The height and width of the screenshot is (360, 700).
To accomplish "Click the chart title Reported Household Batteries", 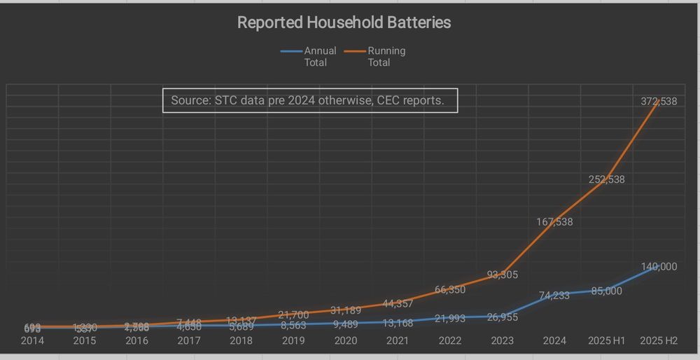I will [x=344, y=22].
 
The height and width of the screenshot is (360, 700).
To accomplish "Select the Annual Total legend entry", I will [x=309, y=56].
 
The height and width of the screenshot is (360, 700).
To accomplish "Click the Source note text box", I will [x=310, y=100].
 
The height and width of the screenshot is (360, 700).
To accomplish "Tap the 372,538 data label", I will [x=659, y=102].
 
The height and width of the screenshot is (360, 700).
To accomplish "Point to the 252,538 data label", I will [x=606, y=179].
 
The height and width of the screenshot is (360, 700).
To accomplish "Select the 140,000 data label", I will [x=659, y=267].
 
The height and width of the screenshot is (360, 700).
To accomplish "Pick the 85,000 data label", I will [x=606, y=291].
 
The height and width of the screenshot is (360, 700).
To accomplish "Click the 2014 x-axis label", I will [x=32, y=341].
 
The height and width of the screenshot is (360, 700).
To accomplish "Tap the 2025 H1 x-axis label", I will [x=606, y=341].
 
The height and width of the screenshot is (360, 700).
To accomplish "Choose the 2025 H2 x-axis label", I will [x=659, y=341].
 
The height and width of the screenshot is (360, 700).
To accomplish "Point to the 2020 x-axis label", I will [x=346, y=341].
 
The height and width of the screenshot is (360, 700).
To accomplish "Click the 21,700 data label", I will [x=293, y=315].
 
